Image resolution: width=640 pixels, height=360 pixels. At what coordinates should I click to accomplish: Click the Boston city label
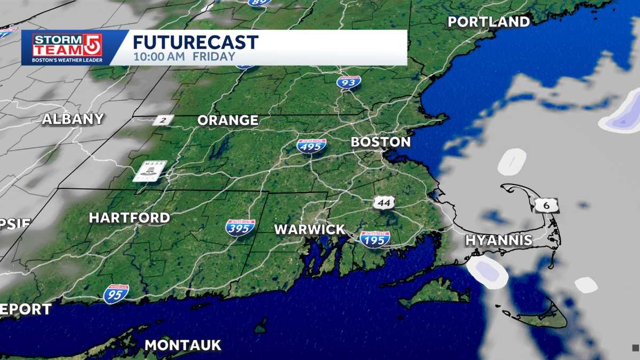380,142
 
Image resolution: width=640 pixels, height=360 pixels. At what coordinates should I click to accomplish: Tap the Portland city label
489,22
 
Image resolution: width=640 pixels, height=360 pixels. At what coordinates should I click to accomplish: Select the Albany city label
73,119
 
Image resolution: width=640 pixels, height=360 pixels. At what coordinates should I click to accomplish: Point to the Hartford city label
129,218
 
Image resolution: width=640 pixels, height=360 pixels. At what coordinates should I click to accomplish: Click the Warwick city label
310,230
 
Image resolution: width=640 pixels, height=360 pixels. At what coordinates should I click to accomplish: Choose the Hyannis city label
499,240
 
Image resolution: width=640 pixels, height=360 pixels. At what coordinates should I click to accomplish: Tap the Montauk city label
182,345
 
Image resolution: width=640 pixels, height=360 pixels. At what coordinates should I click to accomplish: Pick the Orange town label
228,121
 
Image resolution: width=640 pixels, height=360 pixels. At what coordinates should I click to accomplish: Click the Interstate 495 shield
311,145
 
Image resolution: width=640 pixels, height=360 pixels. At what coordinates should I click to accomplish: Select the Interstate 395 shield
240,228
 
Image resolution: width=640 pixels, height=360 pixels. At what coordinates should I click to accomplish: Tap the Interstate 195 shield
375,239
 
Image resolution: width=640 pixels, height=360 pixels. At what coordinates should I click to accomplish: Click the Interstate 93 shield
349,82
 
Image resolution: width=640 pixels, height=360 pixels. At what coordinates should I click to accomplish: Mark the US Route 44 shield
384,203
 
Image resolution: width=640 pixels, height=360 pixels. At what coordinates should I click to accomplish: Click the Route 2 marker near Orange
163,120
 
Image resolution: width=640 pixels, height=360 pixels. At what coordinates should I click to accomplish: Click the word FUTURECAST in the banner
196,42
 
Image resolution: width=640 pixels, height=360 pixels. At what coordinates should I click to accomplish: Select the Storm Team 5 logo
67,48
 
